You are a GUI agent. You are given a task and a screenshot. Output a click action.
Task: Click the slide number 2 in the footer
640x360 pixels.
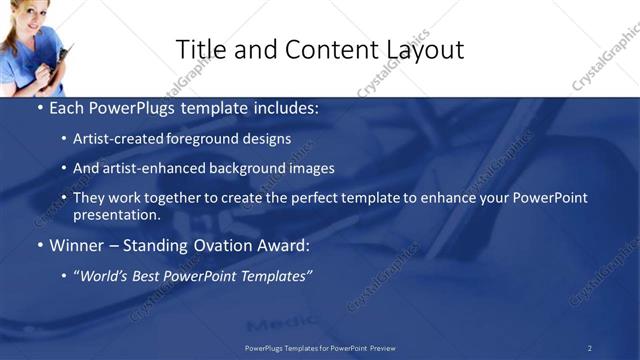pos(590,348)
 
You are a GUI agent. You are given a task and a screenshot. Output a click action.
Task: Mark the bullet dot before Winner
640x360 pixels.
pos(39,246)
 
